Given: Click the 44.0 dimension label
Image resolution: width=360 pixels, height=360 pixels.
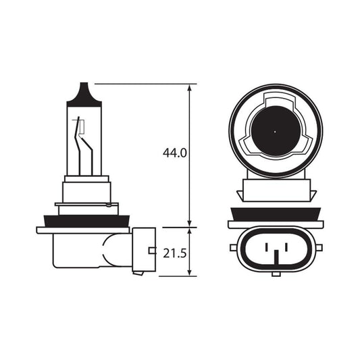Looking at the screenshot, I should pyautogui.click(x=174, y=153).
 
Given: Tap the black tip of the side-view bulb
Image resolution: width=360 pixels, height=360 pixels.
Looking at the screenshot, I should pyautogui.click(x=84, y=93).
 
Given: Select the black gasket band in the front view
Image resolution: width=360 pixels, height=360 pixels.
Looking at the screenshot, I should pyautogui.click(x=276, y=214).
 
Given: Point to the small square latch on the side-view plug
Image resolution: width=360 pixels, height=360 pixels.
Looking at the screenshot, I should pyautogui.click(x=150, y=251).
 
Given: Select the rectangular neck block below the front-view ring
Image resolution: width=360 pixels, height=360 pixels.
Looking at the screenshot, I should pyautogui.click(x=276, y=190).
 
